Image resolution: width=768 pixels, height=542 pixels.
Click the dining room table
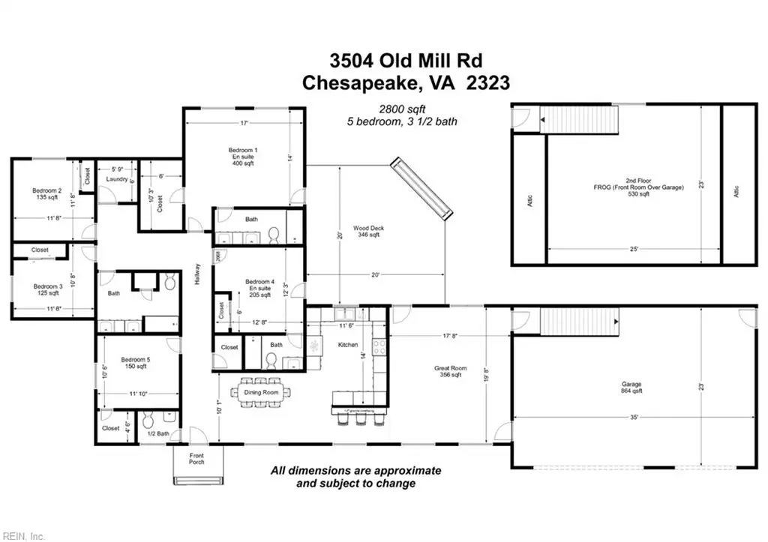[x=265, y=392]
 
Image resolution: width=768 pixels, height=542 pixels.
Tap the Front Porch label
[x=196, y=460]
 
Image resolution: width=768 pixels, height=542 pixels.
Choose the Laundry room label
[x=116, y=179]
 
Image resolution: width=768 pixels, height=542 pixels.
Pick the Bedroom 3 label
[x=47, y=289]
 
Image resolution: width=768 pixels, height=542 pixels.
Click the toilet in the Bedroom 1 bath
[x=274, y=235]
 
